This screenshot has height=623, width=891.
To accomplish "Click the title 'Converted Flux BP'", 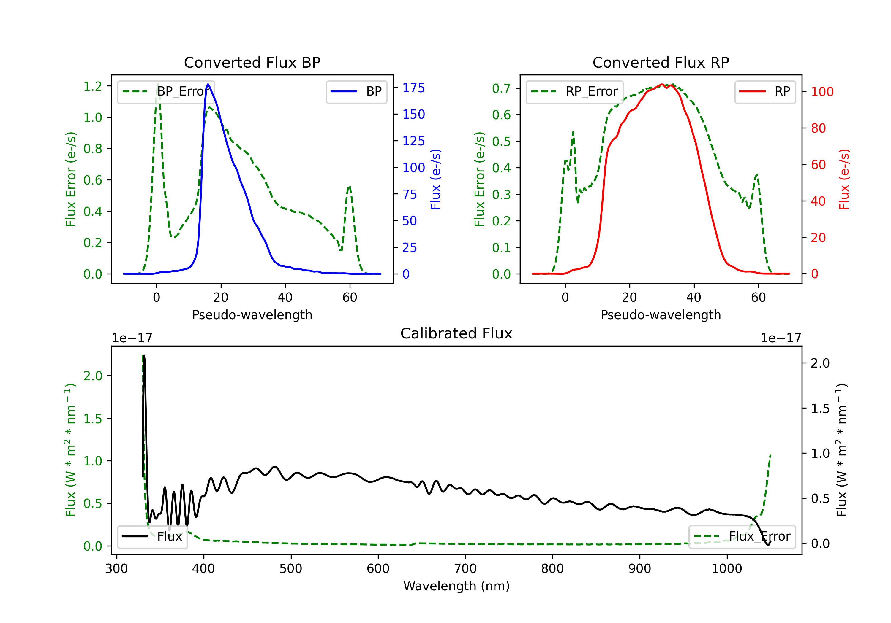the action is (x=252, y=62).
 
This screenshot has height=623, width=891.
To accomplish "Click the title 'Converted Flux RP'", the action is (x=661, y=62).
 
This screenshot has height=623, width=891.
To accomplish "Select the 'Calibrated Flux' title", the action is (x=456, y=333).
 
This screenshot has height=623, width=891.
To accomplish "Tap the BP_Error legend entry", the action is (x=166, y=91).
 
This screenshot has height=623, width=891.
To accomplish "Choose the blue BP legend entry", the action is (x=356, y=91).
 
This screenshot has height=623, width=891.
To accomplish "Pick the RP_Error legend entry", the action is (x=574, y=91).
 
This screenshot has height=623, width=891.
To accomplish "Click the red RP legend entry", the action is (x=765, y=91).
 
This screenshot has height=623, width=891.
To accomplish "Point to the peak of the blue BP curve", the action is (x=208, y=84).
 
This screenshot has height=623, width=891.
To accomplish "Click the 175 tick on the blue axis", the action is (x=413, y=88).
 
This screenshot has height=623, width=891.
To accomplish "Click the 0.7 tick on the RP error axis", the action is (x=501, y=88).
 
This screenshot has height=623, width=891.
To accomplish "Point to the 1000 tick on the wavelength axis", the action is (x=727, y=569).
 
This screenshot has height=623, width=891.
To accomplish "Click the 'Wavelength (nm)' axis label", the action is (x=456, y=586).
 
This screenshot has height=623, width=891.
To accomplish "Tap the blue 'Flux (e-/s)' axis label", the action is (x=435, y=179).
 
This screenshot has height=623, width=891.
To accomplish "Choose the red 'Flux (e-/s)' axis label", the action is (x=844, y=179).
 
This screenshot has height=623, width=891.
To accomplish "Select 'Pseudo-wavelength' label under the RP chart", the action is (x=661, y=315).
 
